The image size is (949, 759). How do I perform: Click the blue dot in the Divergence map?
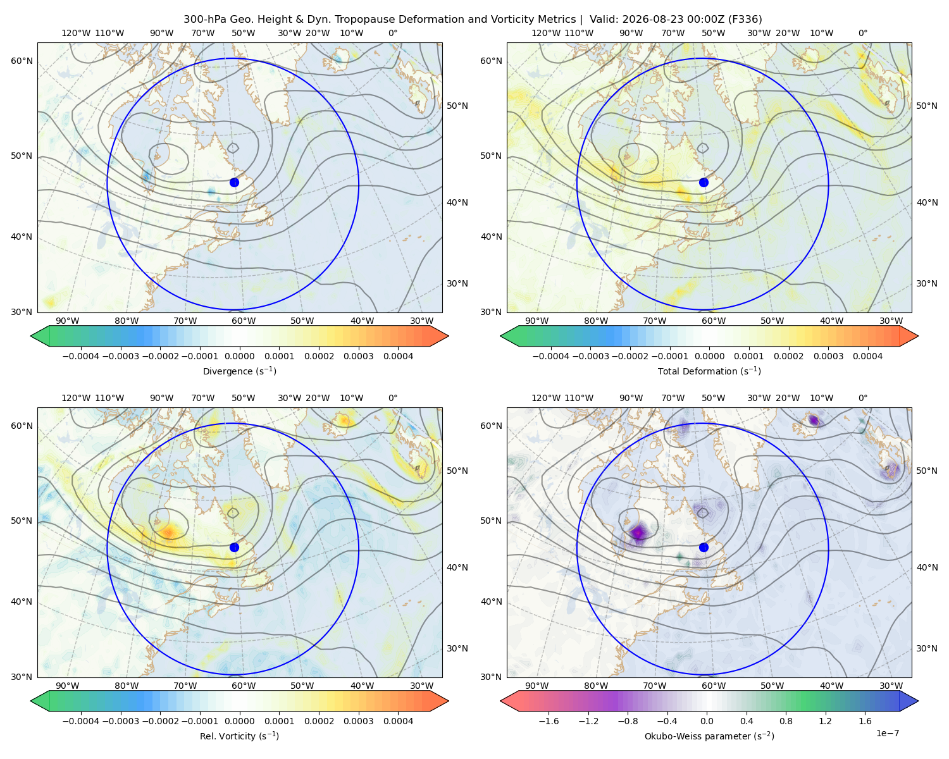234,182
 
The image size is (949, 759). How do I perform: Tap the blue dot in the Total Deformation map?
704,182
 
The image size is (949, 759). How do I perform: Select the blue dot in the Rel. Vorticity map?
234,547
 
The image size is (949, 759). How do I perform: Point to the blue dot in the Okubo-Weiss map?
704,547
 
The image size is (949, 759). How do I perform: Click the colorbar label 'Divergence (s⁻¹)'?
239,371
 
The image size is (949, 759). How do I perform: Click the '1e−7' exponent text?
887,733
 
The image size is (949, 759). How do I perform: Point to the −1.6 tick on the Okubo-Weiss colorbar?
549,720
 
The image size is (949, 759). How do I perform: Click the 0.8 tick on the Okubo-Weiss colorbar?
786,720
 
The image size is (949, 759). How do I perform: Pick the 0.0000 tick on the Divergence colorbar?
239,356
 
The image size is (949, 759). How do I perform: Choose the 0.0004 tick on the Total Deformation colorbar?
867,356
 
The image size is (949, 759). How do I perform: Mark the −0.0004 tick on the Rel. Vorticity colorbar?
81,720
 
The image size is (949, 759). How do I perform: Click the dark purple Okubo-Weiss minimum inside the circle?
638,533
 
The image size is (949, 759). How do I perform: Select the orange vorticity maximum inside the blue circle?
168,533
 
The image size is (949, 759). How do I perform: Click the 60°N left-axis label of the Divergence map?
22,61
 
